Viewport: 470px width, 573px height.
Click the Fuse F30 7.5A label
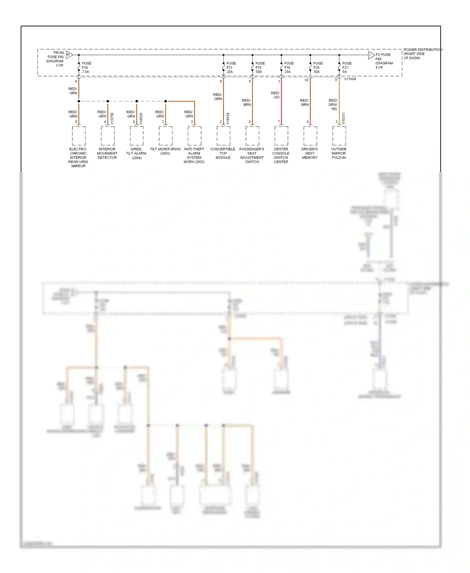86,67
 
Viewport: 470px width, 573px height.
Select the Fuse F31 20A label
231,67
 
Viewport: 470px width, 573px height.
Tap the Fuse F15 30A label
260,67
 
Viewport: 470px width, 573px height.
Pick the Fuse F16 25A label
289,67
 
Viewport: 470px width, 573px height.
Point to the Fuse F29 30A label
318,67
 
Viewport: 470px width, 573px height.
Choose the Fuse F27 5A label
347,67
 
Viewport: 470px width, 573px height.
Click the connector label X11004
350,79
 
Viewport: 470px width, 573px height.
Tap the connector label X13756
112,118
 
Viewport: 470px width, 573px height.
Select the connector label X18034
228,118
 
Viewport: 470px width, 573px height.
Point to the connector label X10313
343,118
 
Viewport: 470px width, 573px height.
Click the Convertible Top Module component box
223,136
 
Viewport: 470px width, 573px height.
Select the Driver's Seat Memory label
310,153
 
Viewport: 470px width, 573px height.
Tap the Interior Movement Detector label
107,153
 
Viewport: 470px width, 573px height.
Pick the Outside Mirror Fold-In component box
339,136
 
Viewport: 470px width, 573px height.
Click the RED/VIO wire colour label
275,95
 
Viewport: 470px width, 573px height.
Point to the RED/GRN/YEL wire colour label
333,105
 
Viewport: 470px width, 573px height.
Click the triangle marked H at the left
69,55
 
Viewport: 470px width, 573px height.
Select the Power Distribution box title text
422,54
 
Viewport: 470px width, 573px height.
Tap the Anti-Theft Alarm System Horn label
194,155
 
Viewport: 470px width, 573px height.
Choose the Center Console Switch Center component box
281,136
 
